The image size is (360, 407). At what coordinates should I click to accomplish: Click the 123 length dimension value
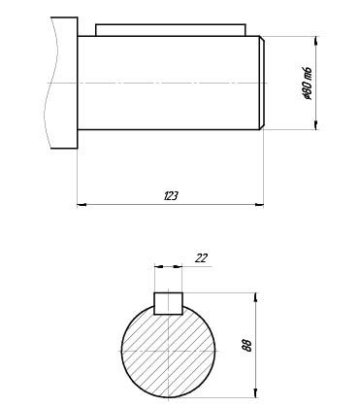pos(171,196)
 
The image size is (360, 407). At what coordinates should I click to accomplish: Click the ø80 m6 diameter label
pos(307,84)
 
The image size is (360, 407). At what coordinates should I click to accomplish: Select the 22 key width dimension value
pos(201,258)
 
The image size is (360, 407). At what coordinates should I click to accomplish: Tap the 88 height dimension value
pos(246,346)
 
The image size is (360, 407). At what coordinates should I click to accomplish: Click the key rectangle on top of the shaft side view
pos(171,30)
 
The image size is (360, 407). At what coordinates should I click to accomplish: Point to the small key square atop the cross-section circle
pos(168,303)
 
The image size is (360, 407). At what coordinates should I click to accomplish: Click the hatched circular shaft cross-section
pos(168,351)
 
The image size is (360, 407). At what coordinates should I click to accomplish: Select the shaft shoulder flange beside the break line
pos(64,83)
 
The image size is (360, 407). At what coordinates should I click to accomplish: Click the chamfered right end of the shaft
pos(262,83)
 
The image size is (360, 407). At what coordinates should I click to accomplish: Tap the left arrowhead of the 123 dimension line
pos(82,205)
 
